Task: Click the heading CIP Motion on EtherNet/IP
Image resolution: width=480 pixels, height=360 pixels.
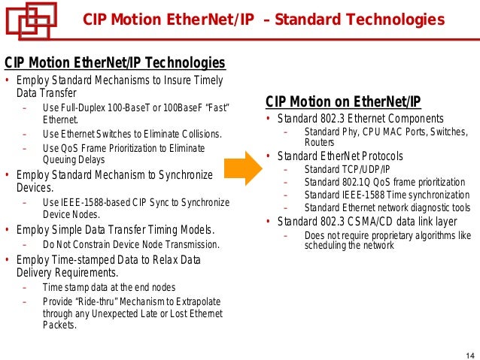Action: [343, 102]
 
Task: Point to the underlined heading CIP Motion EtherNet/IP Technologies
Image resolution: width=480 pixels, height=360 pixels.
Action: [115, 62]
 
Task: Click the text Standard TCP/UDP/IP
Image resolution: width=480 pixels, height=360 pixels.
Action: [348, 169]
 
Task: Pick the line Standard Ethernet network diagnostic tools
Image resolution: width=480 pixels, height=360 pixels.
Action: [387, 207]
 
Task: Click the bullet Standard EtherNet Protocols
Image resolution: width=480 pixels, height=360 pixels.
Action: [340, 156]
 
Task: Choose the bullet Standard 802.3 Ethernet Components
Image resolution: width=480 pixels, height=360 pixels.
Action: [360, 119]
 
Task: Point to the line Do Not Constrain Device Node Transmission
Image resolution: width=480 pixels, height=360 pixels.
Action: [131, 244]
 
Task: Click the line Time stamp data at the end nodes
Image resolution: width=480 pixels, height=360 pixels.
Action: [108, 288]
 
